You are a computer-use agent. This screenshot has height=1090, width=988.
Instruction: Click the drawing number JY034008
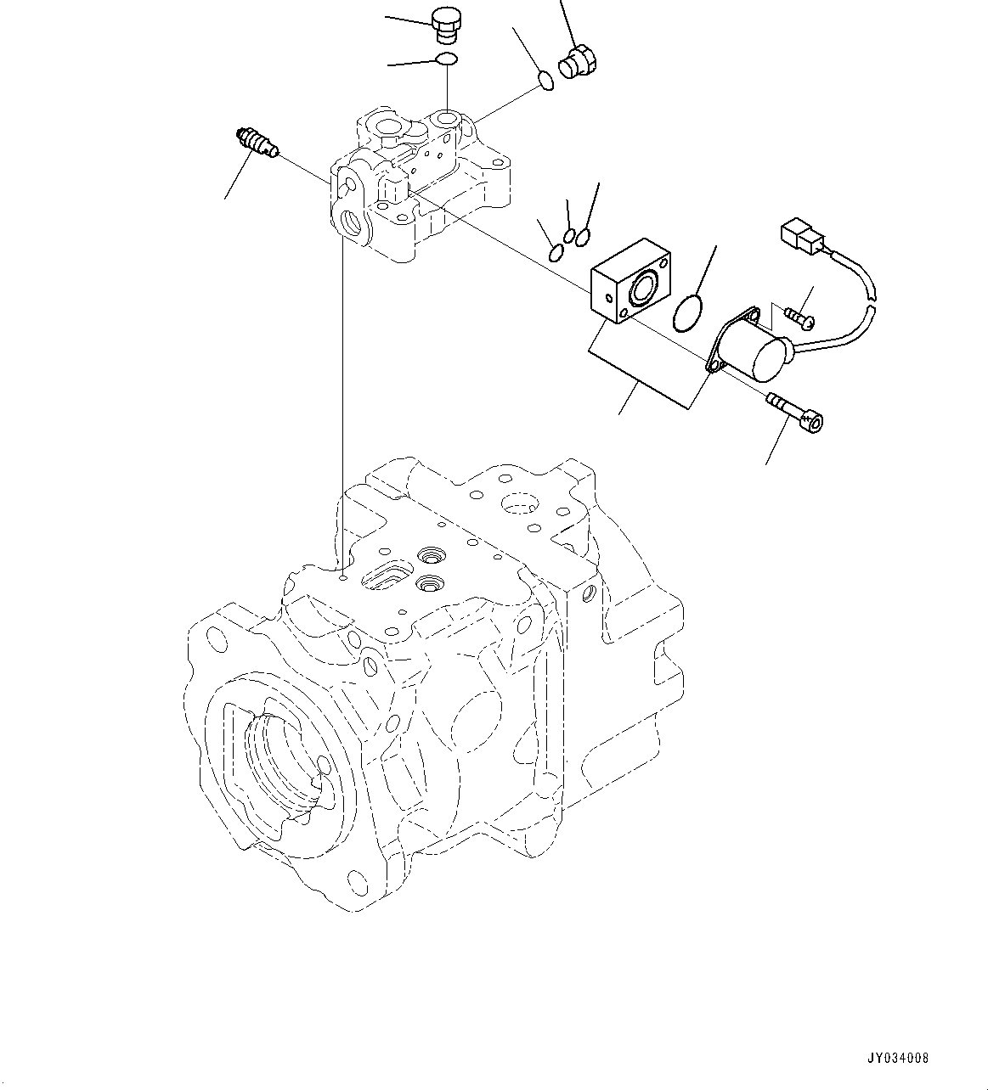[899, 1058]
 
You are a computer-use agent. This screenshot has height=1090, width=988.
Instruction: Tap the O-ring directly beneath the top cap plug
[446, 59]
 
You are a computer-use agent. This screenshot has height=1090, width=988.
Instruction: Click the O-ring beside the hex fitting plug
[547, 81]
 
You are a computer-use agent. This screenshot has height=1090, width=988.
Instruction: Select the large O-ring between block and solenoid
[688, 312]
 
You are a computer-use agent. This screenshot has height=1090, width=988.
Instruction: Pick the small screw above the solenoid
[798, 318]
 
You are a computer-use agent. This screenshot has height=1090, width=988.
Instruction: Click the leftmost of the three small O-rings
[555, 252]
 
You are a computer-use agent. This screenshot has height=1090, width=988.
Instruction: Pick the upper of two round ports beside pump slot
[429, 556]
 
